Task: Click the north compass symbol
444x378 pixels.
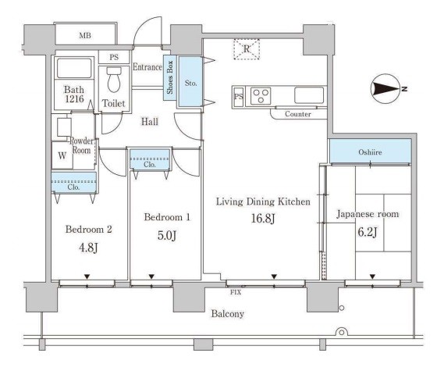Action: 386,89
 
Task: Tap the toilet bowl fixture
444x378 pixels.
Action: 114,80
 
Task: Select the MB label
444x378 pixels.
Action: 85,35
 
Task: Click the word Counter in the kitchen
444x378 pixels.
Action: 297,114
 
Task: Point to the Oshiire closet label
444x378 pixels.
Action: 370,152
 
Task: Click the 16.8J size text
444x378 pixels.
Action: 263,218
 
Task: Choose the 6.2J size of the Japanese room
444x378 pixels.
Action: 367,232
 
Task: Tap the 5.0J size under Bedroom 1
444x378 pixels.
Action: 167,235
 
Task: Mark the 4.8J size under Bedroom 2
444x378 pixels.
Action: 88,248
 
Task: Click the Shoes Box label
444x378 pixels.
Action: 170,77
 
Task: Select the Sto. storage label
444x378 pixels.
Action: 190,83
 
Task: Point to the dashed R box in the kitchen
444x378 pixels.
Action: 247,49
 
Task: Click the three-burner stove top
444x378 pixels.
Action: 261,96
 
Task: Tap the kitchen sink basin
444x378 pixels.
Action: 309,95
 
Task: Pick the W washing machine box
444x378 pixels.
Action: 62,155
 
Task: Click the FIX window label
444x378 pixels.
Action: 236,292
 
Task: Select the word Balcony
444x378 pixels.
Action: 228,314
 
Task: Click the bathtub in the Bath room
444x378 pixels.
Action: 74,68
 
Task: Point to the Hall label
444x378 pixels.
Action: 150,122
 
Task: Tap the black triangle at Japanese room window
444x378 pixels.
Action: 372,276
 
